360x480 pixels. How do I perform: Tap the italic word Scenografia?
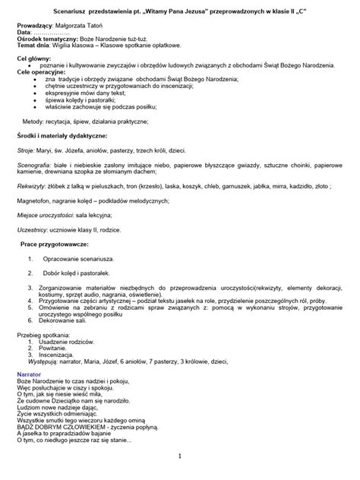(36, 164)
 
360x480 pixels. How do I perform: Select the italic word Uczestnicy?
(33, 229)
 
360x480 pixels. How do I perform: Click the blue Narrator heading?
(30, 374)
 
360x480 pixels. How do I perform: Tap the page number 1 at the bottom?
(179, 456)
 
